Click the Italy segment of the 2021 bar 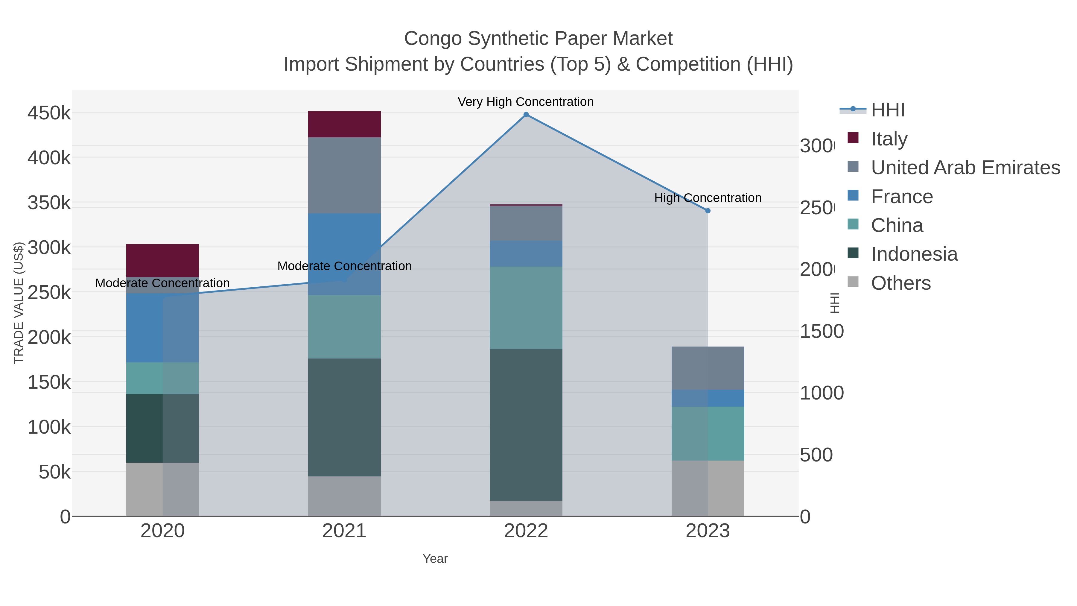(344, 124)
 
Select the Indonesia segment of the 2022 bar (526, 424)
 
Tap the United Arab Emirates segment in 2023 (708, 368)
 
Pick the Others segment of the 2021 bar (344, 496)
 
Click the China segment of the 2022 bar (526, 308)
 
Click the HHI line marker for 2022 (526, 115)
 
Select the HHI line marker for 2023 (708, 211)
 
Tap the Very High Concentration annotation (526, 102)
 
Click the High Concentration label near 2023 (708, 198)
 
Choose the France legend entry (902, 197)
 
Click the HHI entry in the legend (888, 110)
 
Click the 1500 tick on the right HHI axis (822, 332)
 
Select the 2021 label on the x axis (344, 531)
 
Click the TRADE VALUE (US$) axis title (18, 303)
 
